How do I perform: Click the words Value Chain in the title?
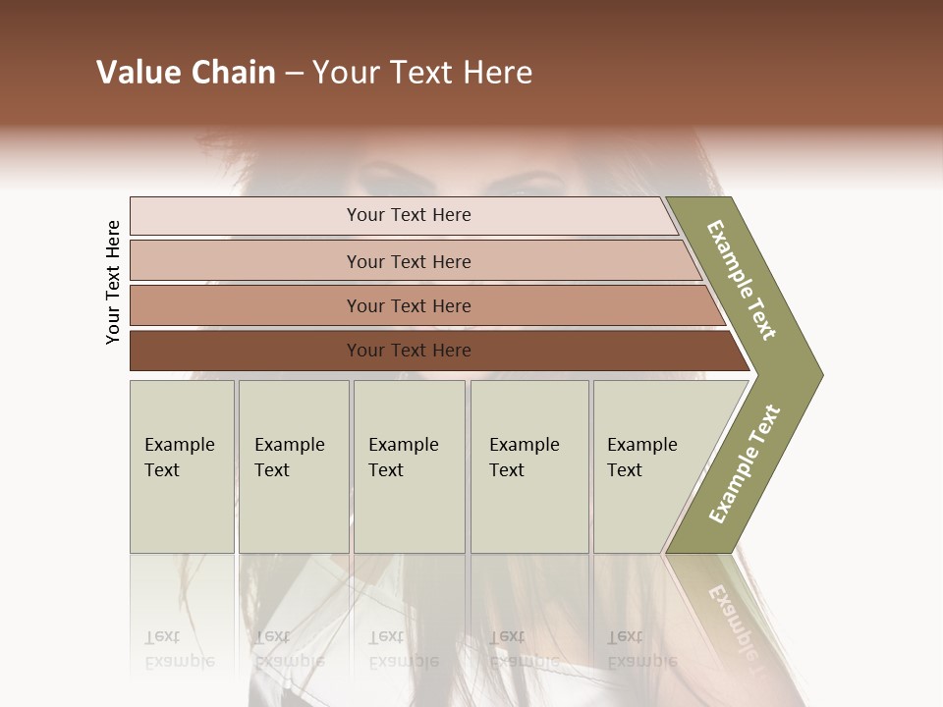[x=186, y=73]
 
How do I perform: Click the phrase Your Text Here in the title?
[x=422, y=73]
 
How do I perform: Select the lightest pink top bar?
[x=403, y=216]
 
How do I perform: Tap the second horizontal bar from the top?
[x=413, y=261]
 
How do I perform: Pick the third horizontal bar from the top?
[x=422, y=305]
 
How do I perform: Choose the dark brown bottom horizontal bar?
[x=432, y=351]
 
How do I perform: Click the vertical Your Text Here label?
[x=113, y=282]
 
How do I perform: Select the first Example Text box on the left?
[x=182, y=466]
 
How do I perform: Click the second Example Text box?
[x=294, y=466]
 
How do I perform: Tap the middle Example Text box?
[x=409, y=466]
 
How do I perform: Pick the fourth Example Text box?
[x=529, y=466]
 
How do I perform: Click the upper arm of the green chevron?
[x=743, y=281]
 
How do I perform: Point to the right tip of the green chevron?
[x=819, y=374]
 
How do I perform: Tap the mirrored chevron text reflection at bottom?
[x=732, y=613]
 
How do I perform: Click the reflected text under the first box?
[x=180, y=648]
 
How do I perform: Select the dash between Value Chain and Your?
[x=294, y=74]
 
